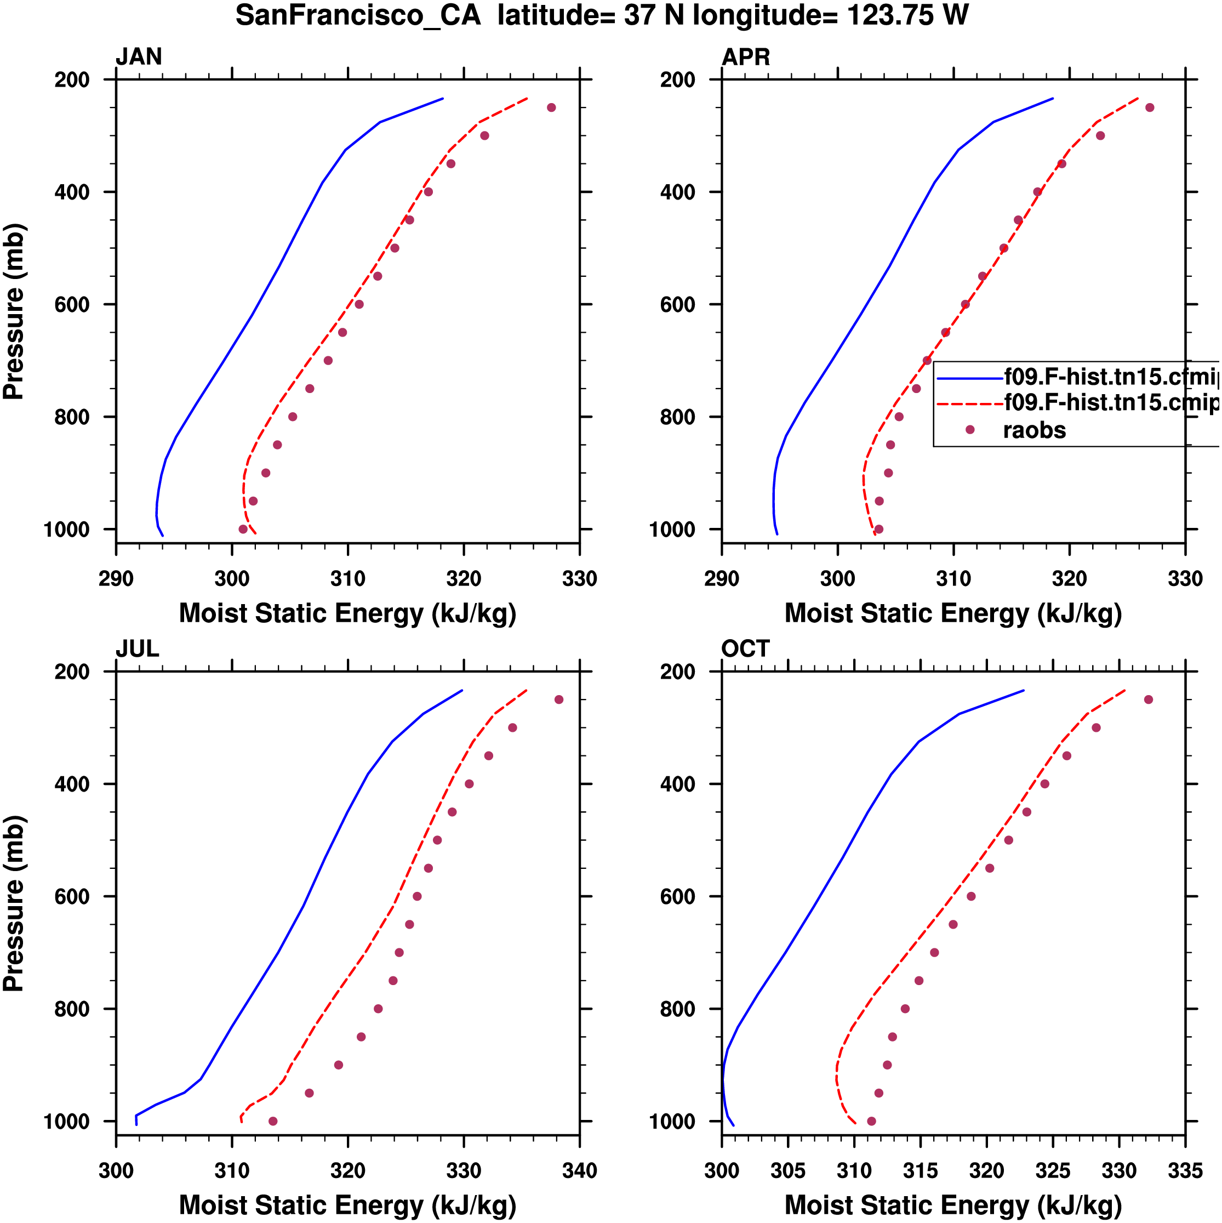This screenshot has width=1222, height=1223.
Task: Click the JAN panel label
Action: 139,57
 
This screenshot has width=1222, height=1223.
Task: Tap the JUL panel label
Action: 138,649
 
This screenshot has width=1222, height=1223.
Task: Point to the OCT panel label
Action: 745,649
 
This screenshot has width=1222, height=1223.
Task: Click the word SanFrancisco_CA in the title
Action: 358,15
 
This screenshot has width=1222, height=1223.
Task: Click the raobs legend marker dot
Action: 969,430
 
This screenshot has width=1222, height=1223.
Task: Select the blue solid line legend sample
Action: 969,379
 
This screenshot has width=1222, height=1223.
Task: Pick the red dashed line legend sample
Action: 969,404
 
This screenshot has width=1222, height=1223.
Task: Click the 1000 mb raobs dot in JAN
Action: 243,529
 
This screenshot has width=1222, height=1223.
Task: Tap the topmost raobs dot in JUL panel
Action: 559,699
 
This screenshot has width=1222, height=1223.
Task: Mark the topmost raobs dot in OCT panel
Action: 1149,699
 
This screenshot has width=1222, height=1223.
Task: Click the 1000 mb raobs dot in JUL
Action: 273,1121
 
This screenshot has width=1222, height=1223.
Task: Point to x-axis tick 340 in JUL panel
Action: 580,1170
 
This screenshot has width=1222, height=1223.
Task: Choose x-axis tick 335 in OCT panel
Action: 1185,1170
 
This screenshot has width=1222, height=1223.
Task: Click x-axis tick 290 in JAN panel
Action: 116,578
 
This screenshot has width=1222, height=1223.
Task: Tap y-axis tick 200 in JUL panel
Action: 72,672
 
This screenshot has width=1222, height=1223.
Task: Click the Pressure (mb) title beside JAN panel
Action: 14,311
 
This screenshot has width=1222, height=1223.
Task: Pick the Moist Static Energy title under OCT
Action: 953,1205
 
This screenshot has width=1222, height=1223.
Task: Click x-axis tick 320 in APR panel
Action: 1070,578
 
